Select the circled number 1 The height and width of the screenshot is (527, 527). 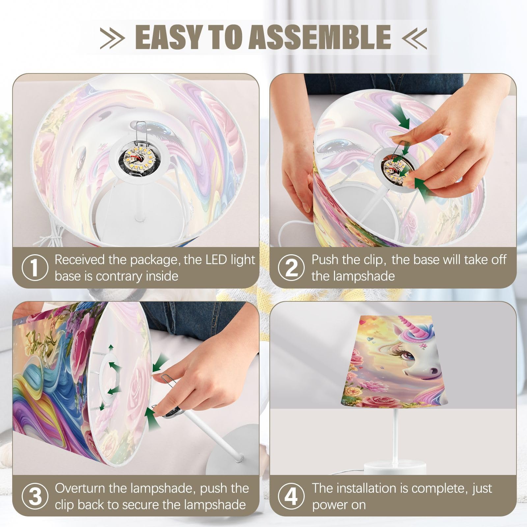[35, 268]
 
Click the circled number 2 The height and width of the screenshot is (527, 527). [291, 268]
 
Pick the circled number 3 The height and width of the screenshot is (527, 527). [35, 496]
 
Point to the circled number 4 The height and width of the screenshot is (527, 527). [291, 496]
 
